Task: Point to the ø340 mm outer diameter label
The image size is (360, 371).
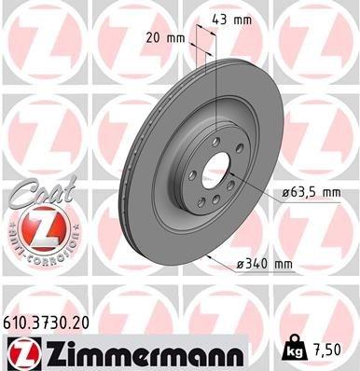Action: pyautogui.click(x=266, y=264)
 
